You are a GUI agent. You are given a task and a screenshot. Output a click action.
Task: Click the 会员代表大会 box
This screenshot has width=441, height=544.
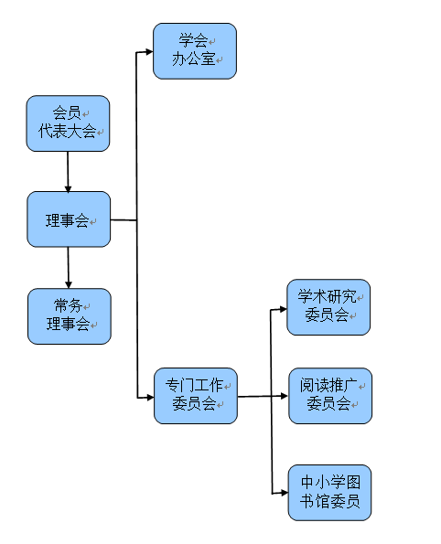tap(68, 123)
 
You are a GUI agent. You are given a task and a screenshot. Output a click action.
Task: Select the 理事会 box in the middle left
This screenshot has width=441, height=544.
tap(69, 219)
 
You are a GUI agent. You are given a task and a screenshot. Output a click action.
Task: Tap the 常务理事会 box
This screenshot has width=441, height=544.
tap(70, 316)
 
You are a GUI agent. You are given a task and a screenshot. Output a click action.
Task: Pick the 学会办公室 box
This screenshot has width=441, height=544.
tap(195, 51)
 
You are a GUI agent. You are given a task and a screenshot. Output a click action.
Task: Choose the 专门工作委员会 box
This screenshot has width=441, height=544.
tap(196, 396)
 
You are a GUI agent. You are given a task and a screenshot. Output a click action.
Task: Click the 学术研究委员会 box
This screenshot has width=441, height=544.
tap(328, 307)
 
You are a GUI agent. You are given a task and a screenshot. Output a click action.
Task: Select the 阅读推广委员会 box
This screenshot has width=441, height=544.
tap(330, 396)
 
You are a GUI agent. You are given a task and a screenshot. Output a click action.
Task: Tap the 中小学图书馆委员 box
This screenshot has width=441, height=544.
tap(330, 493)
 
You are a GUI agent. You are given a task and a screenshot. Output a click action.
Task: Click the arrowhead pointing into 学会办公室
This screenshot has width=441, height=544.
tap(150, 52)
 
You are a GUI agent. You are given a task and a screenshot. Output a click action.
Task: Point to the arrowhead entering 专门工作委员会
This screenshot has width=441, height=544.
tap(151, 398)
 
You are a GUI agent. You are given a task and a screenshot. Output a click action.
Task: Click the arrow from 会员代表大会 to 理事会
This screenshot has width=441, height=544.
tap(68, 172)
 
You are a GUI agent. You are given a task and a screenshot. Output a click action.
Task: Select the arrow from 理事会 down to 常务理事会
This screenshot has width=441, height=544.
tap(69, 268)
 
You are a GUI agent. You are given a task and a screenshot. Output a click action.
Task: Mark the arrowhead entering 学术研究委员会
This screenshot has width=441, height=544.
tap(284, 309)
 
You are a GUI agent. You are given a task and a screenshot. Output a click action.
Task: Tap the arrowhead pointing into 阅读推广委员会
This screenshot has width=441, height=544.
tap(285, 396)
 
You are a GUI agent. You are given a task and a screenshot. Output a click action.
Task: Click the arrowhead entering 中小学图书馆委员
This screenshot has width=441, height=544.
tap(285, 493)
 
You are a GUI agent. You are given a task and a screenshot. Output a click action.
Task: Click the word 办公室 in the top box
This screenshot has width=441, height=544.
tap(194, 59)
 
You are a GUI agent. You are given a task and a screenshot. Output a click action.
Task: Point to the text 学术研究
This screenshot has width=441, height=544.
tap(328, 297)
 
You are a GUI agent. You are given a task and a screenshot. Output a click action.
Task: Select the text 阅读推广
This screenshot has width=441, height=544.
tap(328, 386)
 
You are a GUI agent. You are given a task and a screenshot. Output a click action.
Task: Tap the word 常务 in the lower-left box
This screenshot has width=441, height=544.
tap(68, 306)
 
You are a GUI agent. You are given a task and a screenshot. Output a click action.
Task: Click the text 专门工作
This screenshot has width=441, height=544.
tap(195, 385)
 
